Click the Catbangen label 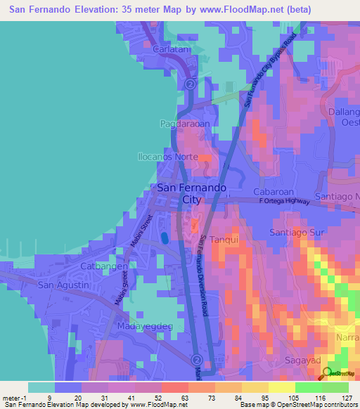pyautogui.click(x=103, y=267)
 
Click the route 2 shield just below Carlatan pyautogui.click(x=190, y=83)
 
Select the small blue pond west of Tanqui pyautogui.click(x=165, y=238)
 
